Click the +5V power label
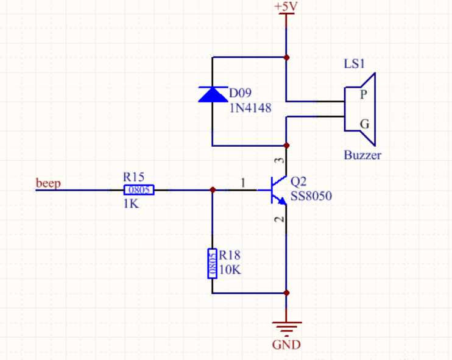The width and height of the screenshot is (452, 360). [x=285, y=7]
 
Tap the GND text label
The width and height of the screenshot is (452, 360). [x=286, y=345]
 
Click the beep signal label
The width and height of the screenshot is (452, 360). [x=48, y=183]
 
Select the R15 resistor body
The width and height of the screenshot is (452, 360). [x=139, y=190]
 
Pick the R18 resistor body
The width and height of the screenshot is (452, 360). [x=213, y=263]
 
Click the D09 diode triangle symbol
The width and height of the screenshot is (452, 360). [x=213, y=94]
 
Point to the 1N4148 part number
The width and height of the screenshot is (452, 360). [x=250, y=108]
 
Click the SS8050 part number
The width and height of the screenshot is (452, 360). [x=311, y=196]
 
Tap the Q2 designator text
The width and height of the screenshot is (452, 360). [x=298, y=182]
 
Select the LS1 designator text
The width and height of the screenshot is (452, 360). [x=355, y=64]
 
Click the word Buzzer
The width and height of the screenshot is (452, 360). [x=362, y=155]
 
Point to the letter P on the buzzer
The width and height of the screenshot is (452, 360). [x=364, y=94]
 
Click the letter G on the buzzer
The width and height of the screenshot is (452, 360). [x=365, y=124]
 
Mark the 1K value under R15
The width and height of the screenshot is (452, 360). [x=131, y=204]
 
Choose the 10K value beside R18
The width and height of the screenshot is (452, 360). [x=230, y=270]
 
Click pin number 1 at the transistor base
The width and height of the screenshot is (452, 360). [x=243, y=183]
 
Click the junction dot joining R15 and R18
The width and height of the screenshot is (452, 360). [x=213, y=190]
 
